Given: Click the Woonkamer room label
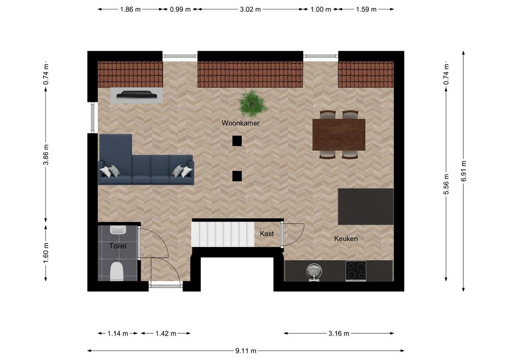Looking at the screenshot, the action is [241, 123].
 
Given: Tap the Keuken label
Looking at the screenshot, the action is [346, 239].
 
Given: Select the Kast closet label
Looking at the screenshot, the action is [267, 234].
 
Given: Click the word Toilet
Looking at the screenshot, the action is [118, 246].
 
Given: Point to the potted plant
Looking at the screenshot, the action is [252, 103].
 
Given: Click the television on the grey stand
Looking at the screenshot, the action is [137, 94].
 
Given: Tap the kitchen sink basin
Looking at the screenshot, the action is [314, 270].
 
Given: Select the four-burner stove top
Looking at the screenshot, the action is [356, 270].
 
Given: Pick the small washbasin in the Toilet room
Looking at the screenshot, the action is [118, 230].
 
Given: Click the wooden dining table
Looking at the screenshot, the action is [339, 135].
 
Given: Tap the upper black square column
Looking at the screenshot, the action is [237, 141].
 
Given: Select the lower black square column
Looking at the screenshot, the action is [237, 176].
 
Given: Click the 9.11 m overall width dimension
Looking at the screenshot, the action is [246, 351].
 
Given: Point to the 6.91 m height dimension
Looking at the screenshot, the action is [464, 171].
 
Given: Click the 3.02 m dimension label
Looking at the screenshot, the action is [251, 9].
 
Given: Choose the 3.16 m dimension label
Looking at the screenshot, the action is [339, 333].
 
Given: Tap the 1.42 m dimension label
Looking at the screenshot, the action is [166, 333].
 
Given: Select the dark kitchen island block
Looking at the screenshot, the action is [366, 207].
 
